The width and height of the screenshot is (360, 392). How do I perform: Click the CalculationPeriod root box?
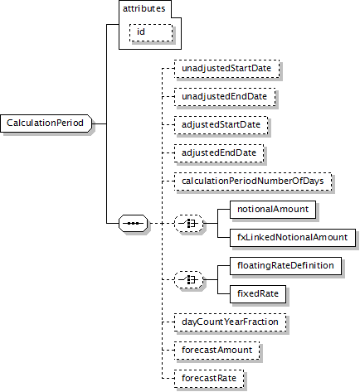tap(46, 123)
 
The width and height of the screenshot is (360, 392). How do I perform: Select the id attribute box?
tap(151, 32)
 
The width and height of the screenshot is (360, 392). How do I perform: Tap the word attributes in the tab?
tap(144, 9)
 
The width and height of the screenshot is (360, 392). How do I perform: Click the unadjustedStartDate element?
tap(226, 69)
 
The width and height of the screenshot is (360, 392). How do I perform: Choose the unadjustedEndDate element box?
tap(225, 97)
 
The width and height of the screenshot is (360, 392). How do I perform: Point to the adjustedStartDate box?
tap(221, 125)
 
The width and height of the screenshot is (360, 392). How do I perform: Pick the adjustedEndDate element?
tap(219, 153)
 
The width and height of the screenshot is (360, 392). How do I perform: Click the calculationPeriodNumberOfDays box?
tap(253, 181)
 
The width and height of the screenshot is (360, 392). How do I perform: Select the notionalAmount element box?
tap(273, 210)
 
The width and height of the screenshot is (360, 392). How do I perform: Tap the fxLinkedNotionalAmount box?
tap(293, 238)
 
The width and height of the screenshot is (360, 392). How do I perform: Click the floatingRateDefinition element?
tap(285, 266)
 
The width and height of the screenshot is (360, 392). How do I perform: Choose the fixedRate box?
tap(258, 294)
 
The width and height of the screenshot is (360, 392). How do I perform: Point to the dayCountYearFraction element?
tap(230, 322)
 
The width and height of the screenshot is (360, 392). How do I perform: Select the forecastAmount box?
tap(217, 351)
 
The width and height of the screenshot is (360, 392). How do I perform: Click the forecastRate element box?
tap(209, 379)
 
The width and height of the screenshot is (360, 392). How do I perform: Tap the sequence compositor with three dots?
tap(133, 223)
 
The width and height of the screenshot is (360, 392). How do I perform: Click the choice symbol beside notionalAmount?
tap(189, 223)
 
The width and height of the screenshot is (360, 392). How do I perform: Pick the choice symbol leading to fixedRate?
tap(189, 279)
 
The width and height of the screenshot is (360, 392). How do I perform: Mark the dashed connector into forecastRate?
tap(168, 379)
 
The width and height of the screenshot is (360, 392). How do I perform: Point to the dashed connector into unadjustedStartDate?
tap(168, 69)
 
